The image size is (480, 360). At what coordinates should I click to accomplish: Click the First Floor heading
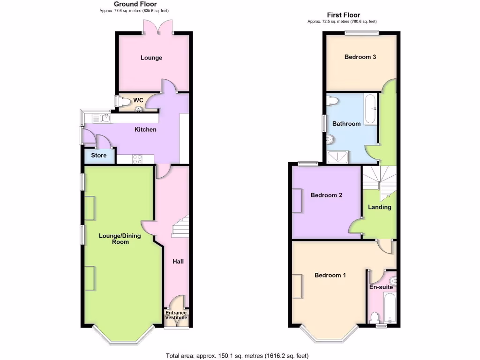(x=342, y=15)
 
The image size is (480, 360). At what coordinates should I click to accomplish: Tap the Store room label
(x=98, y=156)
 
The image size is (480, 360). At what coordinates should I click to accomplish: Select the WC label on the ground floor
(x=138, y=100)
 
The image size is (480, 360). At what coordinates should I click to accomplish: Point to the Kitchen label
(x=145, y=129)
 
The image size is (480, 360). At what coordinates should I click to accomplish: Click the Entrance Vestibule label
(x=176, y=315)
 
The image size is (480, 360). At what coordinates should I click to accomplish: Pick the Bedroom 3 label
(x=360, y=57)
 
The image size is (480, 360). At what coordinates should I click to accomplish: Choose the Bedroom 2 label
(x=326, y=195)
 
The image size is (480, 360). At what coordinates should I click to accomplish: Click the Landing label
(x=379, y=207)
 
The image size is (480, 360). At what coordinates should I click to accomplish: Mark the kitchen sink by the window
(x=100, y=118)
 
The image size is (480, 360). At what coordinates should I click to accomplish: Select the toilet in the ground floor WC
(x=125, y=100)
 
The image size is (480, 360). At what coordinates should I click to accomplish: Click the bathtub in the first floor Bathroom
(x=370, y=109)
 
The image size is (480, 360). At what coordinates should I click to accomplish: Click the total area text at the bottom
(x=237, y=355)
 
